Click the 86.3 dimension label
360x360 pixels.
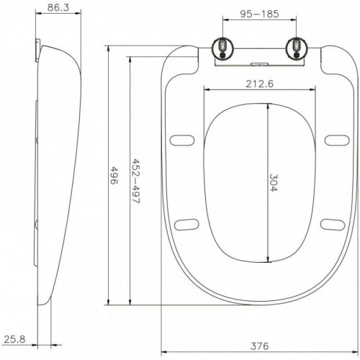point(58,7)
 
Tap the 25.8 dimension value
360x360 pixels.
point(14,339)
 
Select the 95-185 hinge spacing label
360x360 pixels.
point(260,14)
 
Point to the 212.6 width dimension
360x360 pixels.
point(260,84)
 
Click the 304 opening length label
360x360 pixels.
point(273,182)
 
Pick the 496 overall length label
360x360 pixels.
point(114,175)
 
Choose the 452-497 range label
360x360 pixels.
point(136,181)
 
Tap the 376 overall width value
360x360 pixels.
point(260,346)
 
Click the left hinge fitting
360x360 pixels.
point(222,48)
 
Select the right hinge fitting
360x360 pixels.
point(297,48)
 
